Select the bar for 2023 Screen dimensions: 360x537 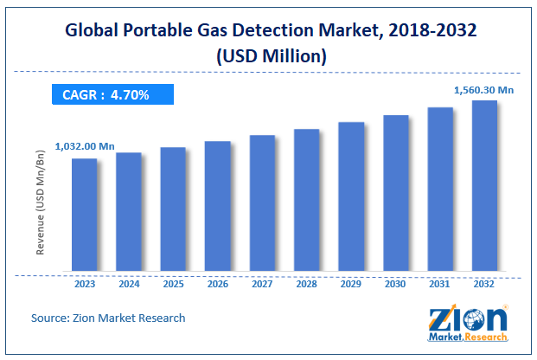84,215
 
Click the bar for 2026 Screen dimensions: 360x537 217,207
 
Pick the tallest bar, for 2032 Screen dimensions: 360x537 484,186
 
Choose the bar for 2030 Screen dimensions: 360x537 395,194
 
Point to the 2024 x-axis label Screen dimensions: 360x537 129,282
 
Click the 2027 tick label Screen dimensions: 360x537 262,282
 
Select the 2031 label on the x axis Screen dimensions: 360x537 440,282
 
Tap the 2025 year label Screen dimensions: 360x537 173,282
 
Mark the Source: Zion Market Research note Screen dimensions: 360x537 108,318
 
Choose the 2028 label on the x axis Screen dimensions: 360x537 306,282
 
